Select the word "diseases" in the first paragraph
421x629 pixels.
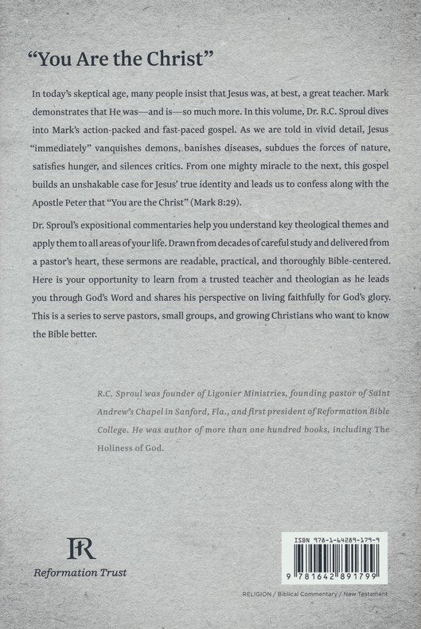297,148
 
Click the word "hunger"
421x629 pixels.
115,166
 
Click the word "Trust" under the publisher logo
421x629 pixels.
111,572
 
